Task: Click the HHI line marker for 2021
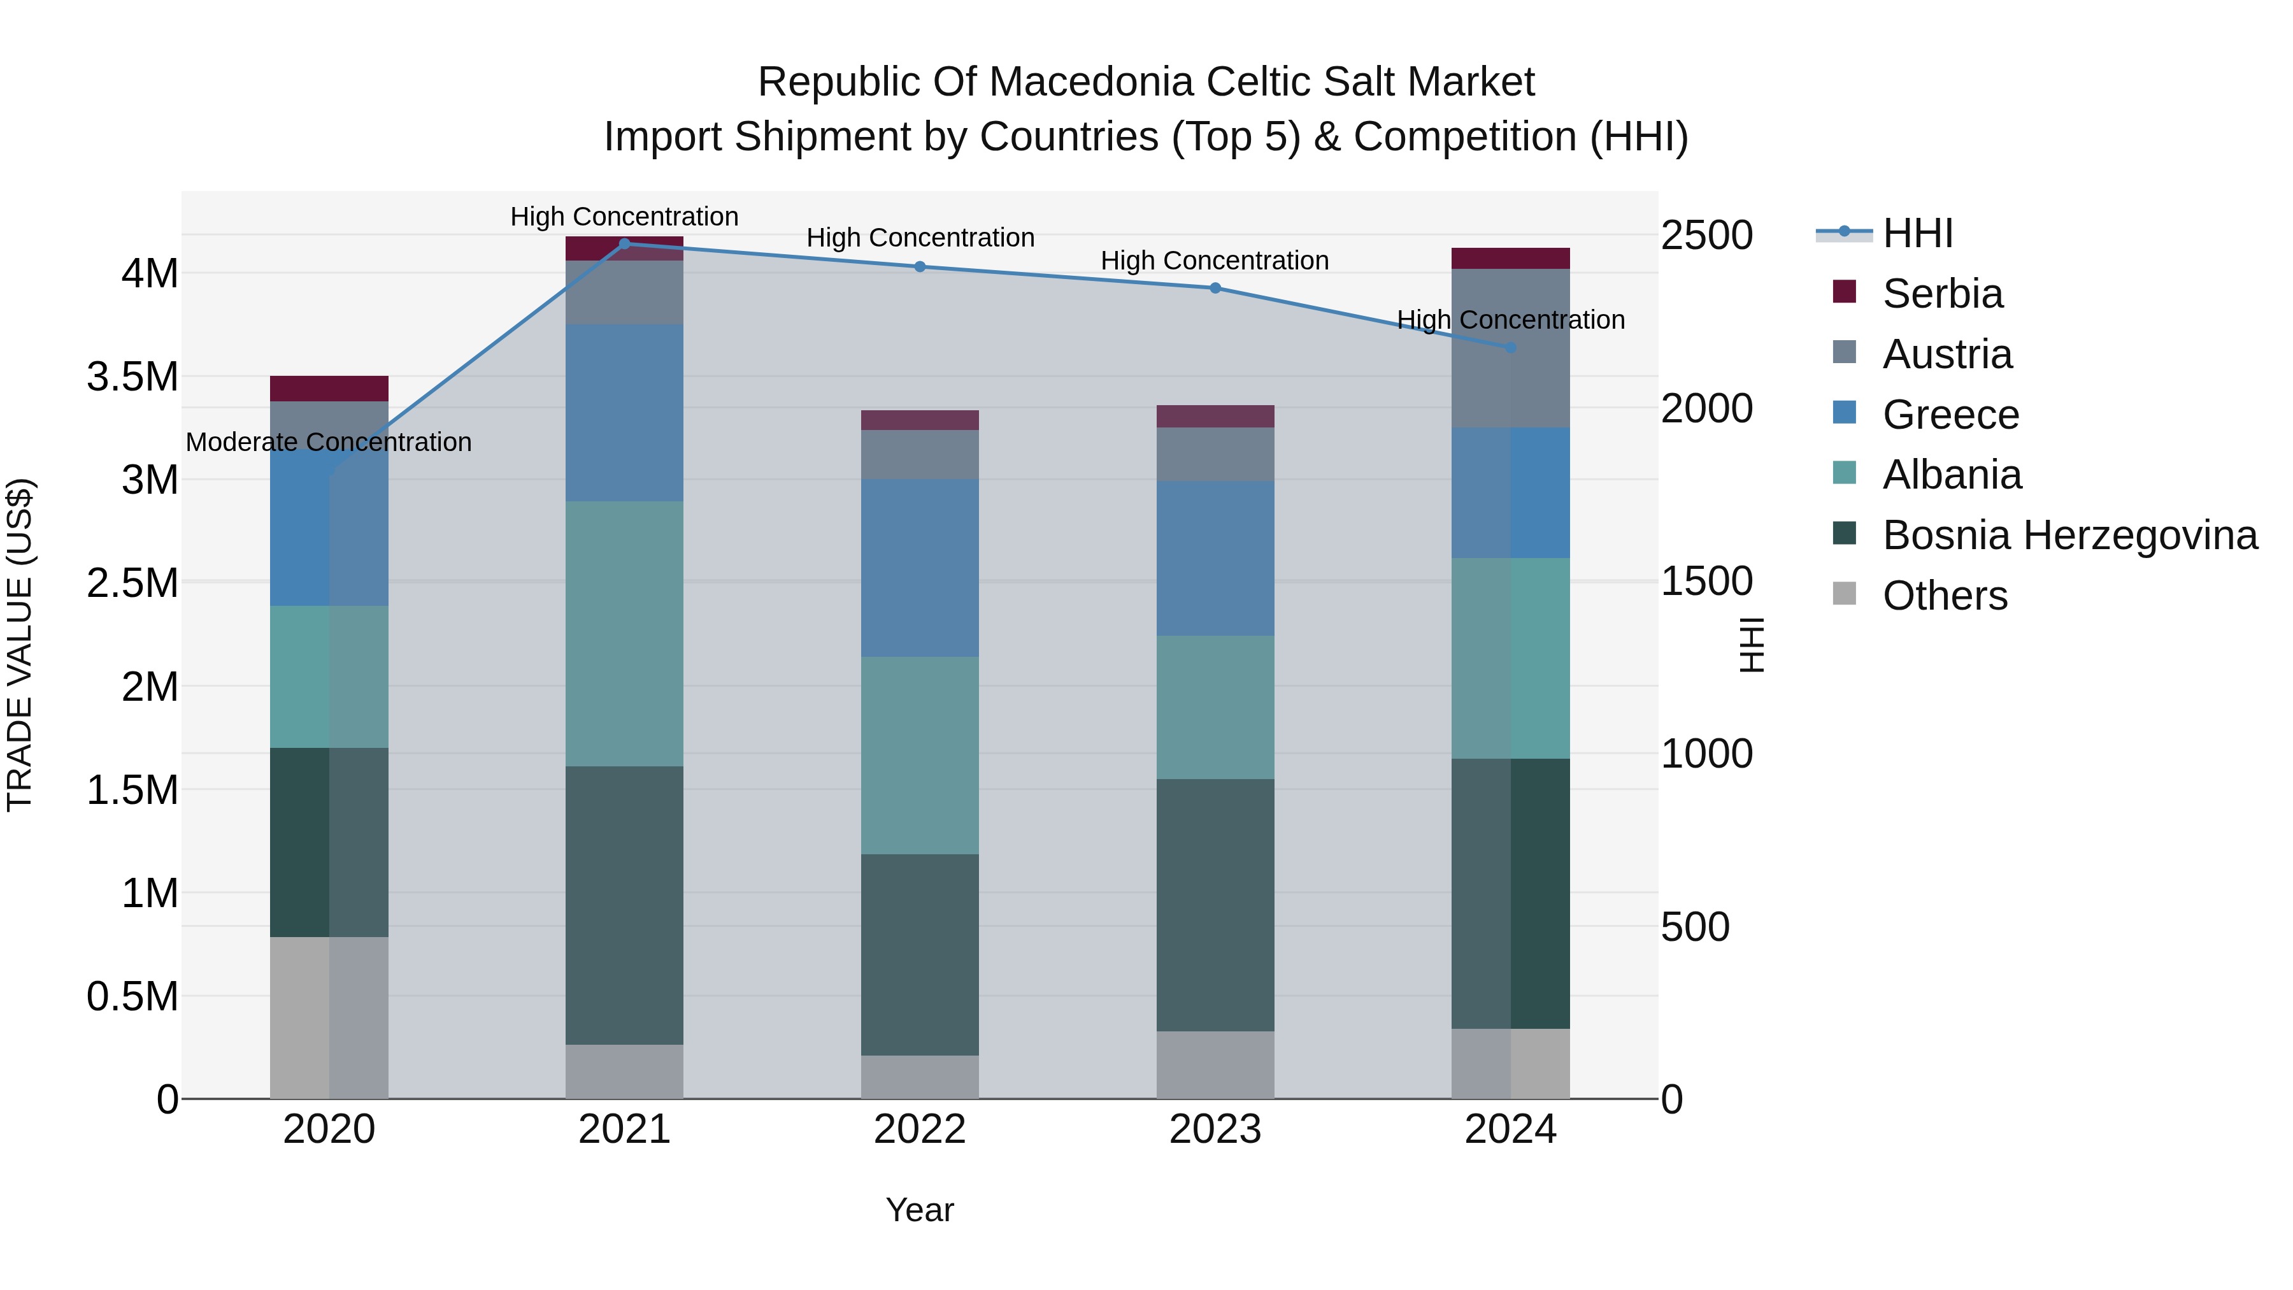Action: [x=624, y=244]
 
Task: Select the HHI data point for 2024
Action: [x=1511, y=347]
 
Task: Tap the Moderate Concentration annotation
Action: [x=329, y=443]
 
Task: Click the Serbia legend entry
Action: [x=1942, y=294]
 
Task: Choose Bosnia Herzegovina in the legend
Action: [x=2069, y=535]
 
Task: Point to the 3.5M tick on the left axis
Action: [x=132, y=376]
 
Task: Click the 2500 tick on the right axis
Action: [x=1706, y=236]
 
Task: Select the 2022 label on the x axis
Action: [x=920, y=1129]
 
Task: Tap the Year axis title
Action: [x=920, y=1210]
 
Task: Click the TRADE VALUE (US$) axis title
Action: [x=20, y=645]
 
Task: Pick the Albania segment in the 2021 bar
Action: [x=624, y=633]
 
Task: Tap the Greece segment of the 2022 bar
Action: [x=920, y=568]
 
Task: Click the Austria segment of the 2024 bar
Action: [x=1511, y=348]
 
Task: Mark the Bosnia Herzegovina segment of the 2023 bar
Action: [x=1215, y=905]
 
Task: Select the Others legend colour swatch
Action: [x=1845, y=594]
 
